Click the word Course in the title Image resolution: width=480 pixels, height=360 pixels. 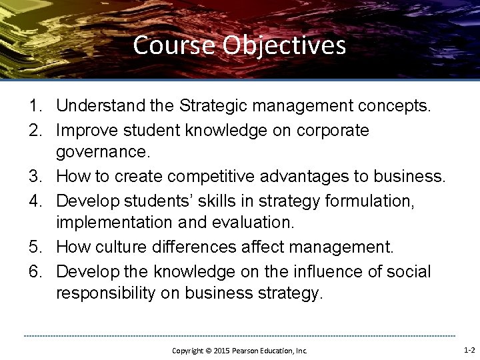click(175, 45)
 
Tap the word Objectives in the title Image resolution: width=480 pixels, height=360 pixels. click(284, 45)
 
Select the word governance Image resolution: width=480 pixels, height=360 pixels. click(103, 153)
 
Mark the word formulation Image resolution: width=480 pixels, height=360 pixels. click(373, 201)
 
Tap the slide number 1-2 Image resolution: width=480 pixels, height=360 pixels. click(469, 349)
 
